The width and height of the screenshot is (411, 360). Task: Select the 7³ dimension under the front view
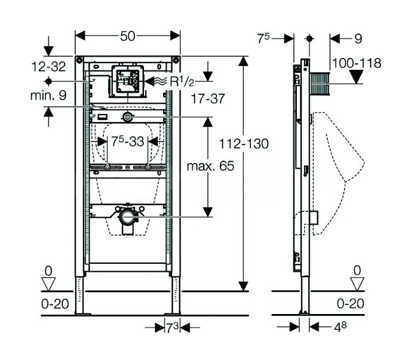[x=173, y=327]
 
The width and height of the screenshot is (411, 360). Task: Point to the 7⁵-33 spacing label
[x=127, y=142]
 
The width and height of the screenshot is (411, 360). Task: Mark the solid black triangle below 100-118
[x=356, y=76]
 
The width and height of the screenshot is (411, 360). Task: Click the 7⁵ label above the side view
[x=264, y=39]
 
